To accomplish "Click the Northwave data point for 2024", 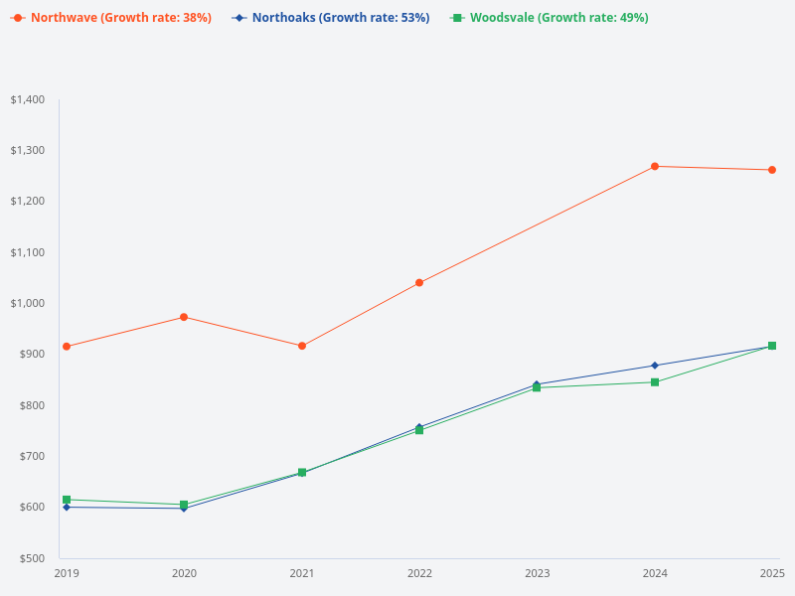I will (x=655, y=166).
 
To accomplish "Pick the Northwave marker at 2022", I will (x=419, y=283).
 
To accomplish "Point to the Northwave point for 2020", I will (x=184, y=317).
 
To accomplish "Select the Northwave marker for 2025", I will (x=772, y=170).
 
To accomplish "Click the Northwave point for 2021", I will (x=302, y=346).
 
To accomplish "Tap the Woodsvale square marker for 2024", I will (x=655, y=382).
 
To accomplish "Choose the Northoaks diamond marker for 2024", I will (x=655, y=366).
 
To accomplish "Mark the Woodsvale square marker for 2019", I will (x=67, y=500).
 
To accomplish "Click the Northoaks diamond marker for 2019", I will (x=67, y=508).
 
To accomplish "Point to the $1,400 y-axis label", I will (x=28, y=99).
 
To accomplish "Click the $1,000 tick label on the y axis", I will (x=28, y=303).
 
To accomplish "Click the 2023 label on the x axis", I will (x=538, y=573).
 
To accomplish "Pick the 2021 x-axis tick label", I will (x=302, y=573).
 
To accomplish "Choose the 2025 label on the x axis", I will (x=772, y=573).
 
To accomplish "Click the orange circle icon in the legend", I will (x=18, y=18).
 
